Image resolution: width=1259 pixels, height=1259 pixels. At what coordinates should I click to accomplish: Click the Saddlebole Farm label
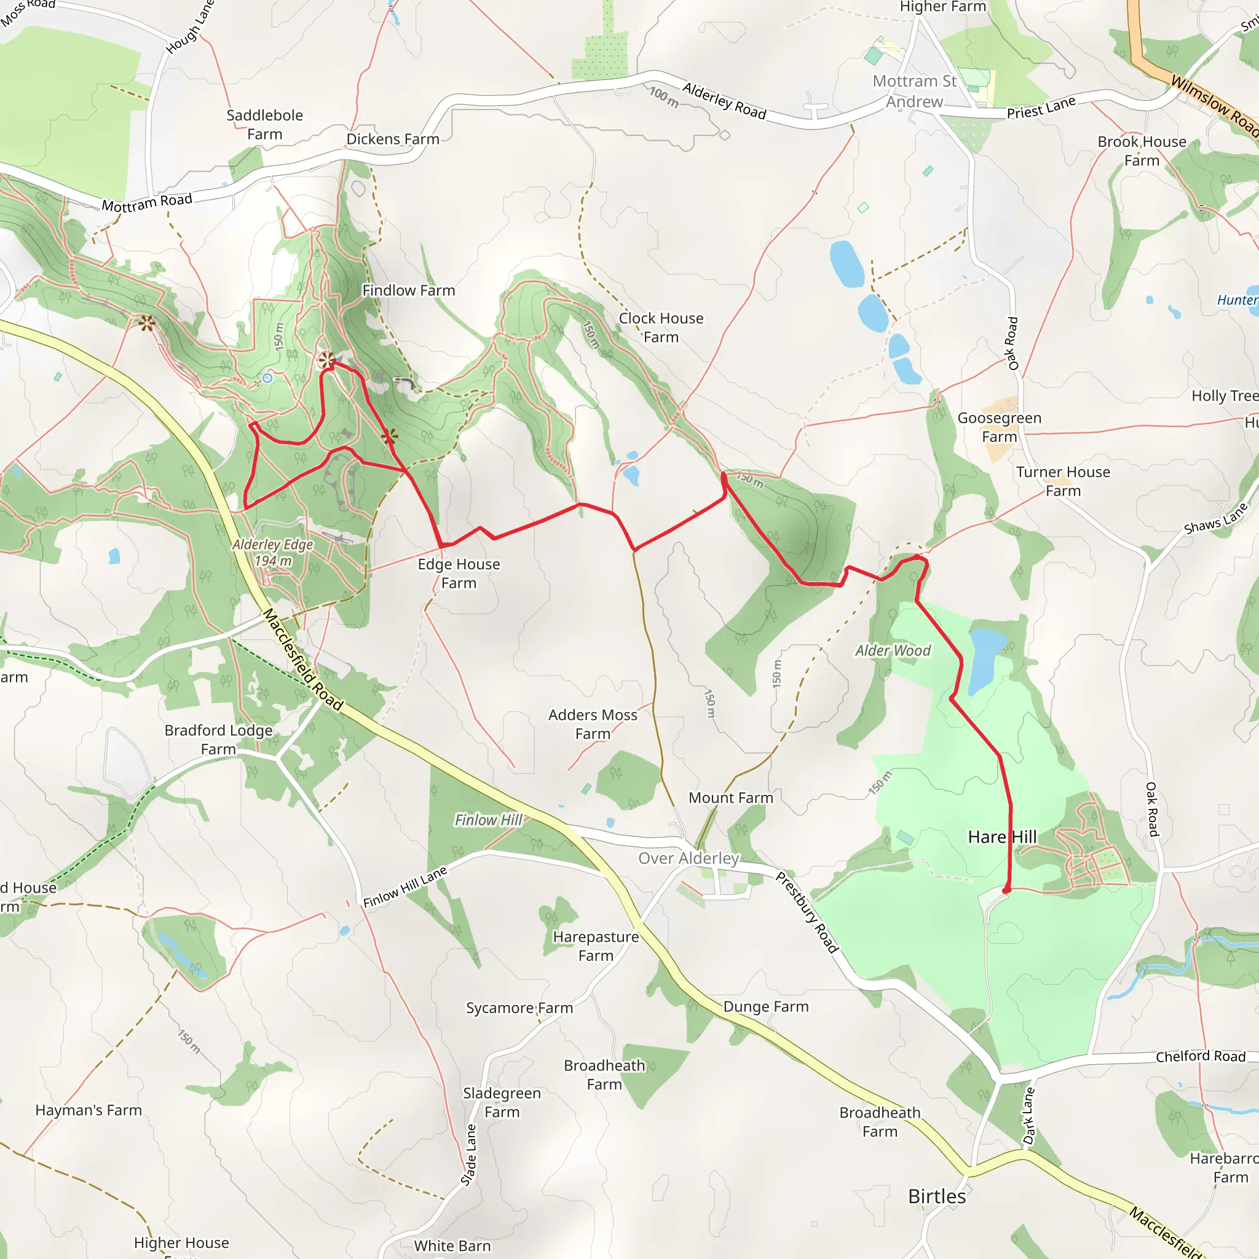(264, 124)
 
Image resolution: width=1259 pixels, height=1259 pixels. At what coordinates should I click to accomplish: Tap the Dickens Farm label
(392, 139)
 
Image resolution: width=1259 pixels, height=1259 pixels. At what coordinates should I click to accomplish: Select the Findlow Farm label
(409, 291)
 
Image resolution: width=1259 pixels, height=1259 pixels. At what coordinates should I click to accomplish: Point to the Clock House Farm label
(661, 328)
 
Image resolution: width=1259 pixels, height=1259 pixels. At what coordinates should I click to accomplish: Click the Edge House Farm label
(459, 574)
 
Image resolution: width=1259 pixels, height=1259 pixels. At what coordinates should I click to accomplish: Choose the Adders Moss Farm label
(593, 724)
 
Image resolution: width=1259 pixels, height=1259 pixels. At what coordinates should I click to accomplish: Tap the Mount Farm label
(730, 797)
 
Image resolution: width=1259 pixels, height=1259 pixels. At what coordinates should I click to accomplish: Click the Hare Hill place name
(1001, 837)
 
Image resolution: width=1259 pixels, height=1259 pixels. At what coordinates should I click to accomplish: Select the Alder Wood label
(893, 650)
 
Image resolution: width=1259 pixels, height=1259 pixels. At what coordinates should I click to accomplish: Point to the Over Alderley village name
(688, 858)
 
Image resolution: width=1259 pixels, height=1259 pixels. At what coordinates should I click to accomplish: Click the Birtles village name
(936, 1196)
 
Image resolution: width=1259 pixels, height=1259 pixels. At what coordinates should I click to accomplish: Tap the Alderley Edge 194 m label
(273, 552)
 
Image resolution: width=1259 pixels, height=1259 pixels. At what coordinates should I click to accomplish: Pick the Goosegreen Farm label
(999, 427)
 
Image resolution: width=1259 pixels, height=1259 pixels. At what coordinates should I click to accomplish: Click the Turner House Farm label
(1063, 481)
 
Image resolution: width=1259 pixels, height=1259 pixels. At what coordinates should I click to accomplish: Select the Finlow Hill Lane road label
(405, 887)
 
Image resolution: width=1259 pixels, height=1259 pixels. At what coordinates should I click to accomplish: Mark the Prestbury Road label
(806, 913)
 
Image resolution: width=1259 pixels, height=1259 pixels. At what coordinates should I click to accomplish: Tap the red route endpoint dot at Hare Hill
(1006, 890)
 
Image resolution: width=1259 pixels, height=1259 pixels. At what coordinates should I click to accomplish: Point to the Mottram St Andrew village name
(914, 91)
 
